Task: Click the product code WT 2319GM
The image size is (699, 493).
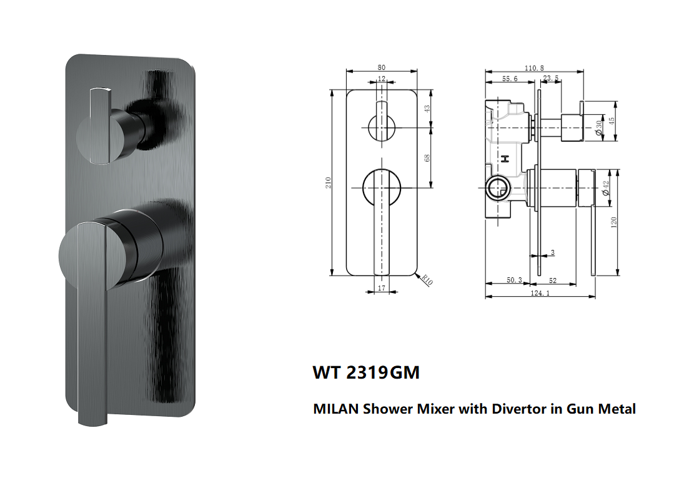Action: point(365,373)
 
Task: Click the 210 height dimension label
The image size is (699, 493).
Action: point(329,182)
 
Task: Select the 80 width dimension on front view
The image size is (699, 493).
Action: point(382,67)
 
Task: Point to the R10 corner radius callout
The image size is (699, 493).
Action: point(427,281)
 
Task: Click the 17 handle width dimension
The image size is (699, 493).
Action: point(382,289)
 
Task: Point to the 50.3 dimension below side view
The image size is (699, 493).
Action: point(515,281)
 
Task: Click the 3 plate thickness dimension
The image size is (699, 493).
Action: point(552,252)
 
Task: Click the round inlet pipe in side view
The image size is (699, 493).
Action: point(498,186)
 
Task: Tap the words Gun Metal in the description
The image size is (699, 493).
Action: point(602,409)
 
